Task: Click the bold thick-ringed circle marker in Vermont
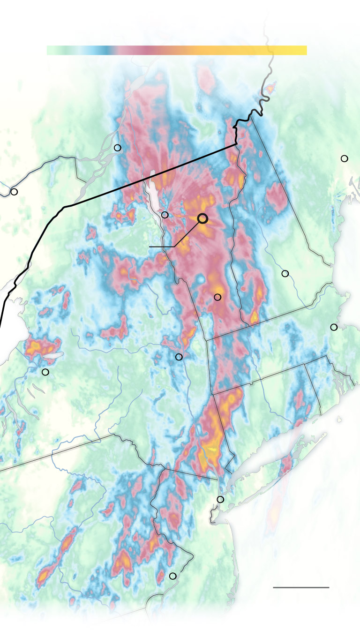click(x=202, y=218)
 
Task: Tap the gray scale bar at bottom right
click(x=301, y=587)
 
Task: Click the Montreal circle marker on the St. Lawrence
click(x=118, y=148)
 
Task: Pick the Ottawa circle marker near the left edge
click(x=14, y=192)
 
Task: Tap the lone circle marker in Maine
click(x=345, y=158)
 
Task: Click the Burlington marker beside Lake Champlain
click(x=165, y=215)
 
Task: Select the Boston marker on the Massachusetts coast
click(x=334, y=327)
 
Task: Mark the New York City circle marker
click(x=220, y=499)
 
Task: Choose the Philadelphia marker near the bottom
click(x=172, y=576)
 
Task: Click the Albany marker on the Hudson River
click(x=179, y=357)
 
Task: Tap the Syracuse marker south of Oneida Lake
click(x=45, y=372)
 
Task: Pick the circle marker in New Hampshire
click(x=285, y=273)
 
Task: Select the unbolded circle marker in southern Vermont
click(x=217, y=297)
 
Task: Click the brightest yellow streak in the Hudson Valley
click(x=212, y=449)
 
